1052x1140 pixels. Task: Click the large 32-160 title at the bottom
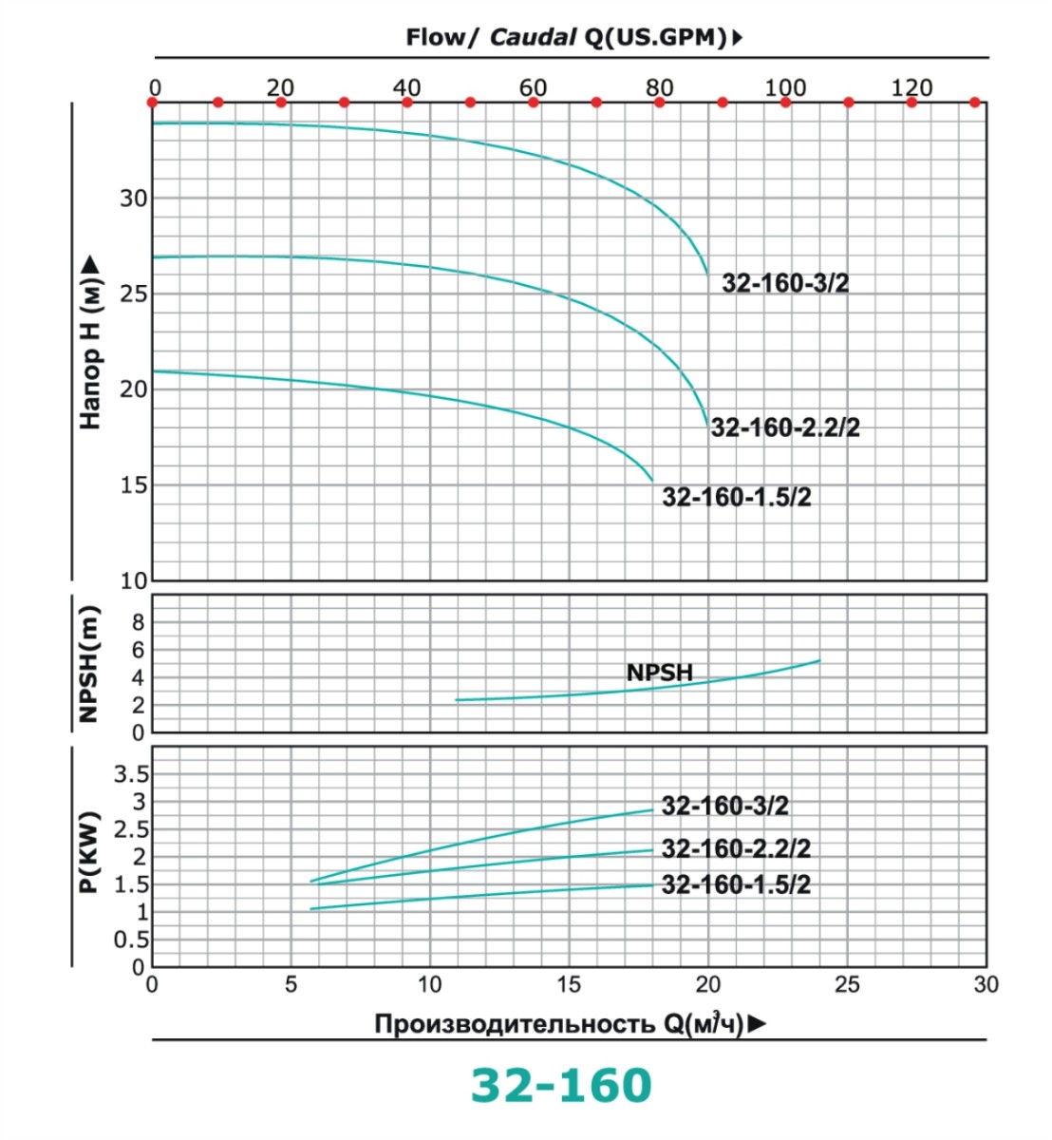tap(562, 1085)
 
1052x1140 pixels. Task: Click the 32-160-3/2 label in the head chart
tap(785, 283)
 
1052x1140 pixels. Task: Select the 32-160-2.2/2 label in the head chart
tap(785, 427)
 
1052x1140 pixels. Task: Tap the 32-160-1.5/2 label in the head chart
tap(737, 497)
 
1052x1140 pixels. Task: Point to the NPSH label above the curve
tap(660, 673)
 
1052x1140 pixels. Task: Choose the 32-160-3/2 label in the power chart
tap(724, 806)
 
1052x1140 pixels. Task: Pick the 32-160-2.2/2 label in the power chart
tap(736, 847)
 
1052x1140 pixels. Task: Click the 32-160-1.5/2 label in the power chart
tap(736, 884)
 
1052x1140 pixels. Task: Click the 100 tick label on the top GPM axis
tap(785, 87)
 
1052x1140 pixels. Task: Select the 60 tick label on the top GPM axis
tap(533, 87)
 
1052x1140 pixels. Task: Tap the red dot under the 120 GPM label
tap(911, 102)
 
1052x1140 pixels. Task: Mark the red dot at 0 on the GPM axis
tap(153, 102)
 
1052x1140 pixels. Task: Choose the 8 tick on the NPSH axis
tap(139, 622)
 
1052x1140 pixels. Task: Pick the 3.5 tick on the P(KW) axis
tap(131, 773)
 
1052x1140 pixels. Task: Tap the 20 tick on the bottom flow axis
tap(708, 984)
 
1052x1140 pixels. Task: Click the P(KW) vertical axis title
tap(90, 853)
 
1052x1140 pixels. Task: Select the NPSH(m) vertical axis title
tap(89, 663)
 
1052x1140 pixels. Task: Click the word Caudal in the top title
tap(534, 37)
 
